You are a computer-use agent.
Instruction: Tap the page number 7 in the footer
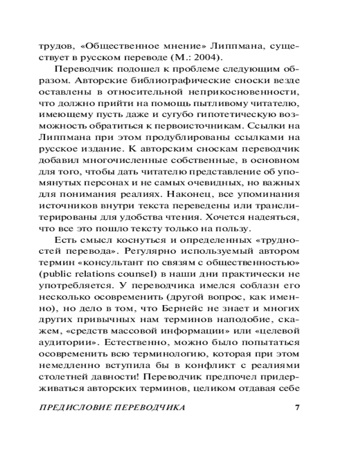(x=297, y=408)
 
